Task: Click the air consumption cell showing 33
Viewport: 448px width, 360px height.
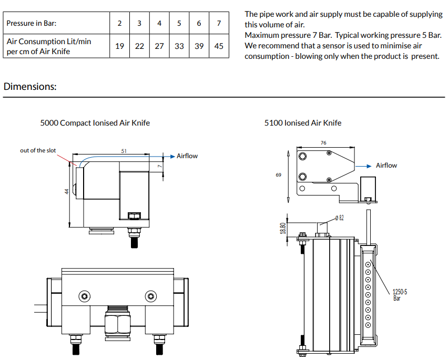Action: (x=179, y=46)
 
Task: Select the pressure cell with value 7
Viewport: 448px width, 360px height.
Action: (x=219, y=24)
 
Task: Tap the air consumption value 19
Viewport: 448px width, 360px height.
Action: (x=120, y=46)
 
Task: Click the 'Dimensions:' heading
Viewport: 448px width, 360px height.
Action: (x=30, y=87)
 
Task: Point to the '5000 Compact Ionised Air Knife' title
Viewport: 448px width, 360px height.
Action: (x=95, y=123)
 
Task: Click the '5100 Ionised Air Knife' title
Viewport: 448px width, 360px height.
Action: (x=303, y=123)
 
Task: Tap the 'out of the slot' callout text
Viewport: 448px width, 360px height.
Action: (x=38, y=150)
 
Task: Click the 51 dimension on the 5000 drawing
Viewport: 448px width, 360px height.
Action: (x=124, y=151)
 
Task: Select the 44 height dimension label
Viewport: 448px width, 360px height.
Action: (x=67, y=192)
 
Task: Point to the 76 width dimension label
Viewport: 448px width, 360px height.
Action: (x=323, y=142)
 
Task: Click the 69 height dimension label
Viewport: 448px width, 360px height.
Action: (x=278, y=175)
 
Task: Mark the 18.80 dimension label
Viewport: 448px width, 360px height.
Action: (x=283, y=228)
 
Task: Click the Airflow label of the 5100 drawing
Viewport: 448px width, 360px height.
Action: (x=386, y=166)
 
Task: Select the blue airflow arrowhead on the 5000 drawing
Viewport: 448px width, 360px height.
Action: (x=172, y=156)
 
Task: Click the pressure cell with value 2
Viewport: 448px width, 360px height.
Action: (x=120, y=24)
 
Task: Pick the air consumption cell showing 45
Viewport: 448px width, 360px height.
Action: (x=219, y=46)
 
